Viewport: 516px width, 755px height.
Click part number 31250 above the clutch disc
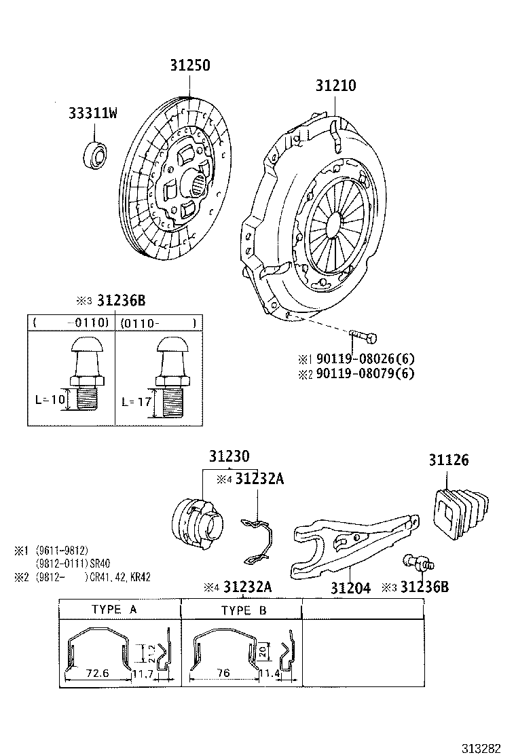189,66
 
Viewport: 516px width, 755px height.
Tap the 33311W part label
92,113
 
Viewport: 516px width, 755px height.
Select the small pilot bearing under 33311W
95,154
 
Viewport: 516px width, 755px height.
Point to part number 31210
335,86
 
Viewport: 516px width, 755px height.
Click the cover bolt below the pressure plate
364,336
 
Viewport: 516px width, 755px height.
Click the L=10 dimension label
50,400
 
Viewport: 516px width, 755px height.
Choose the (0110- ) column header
158,323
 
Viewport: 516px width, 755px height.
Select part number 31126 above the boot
448,460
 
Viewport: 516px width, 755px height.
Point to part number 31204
350,587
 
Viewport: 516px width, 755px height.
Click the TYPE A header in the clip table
114,609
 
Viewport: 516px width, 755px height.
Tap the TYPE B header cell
244,610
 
